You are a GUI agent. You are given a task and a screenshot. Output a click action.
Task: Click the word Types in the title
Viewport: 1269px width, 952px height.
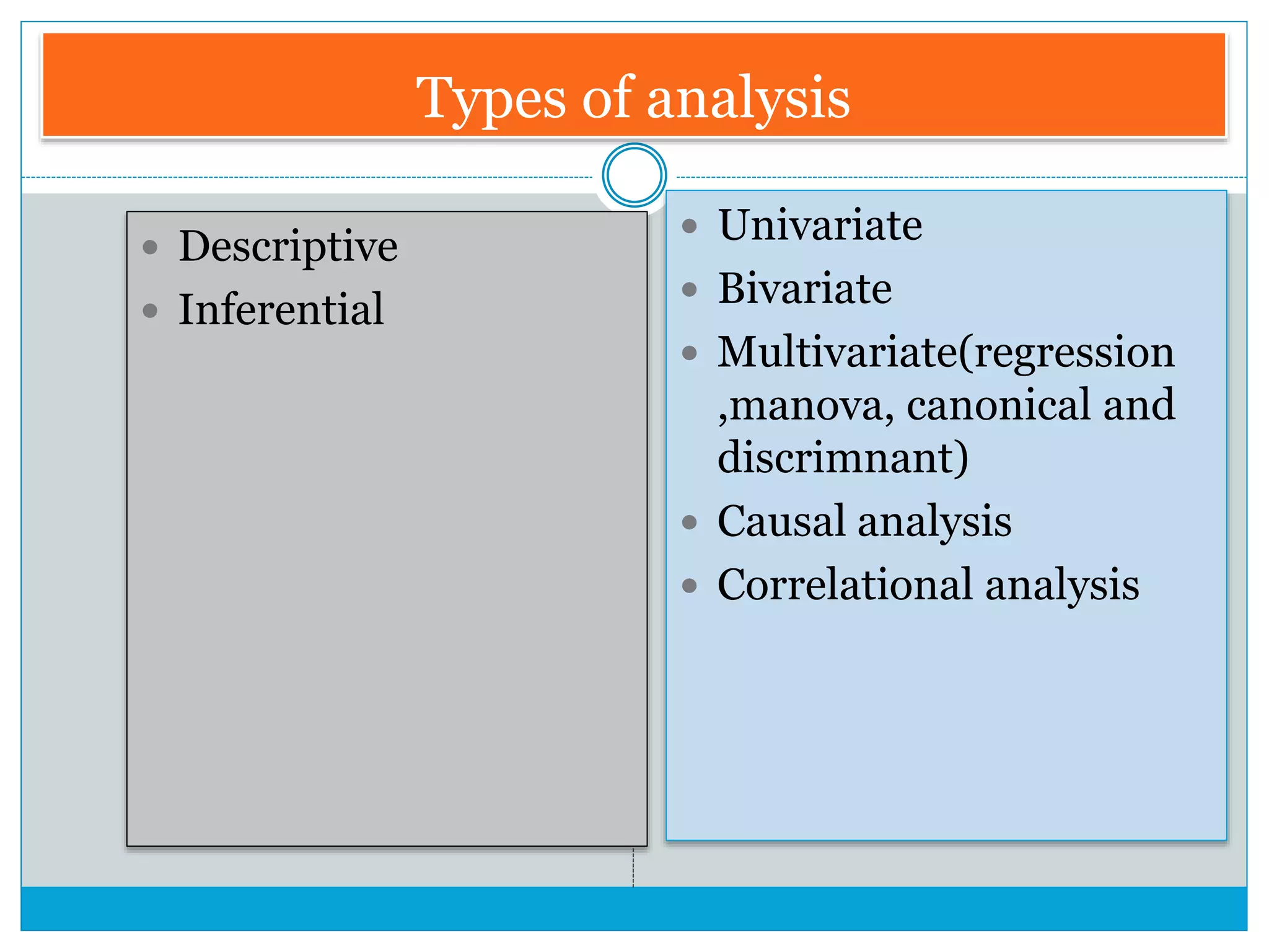[490, 99]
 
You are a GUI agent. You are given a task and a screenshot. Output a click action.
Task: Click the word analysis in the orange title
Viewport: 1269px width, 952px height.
[748, 99]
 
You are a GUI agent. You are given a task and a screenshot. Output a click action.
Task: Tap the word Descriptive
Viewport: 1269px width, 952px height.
[288, 247]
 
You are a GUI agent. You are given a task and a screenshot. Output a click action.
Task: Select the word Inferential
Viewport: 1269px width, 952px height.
[281, 309]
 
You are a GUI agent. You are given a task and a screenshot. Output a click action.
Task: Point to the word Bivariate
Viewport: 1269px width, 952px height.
[805, 289]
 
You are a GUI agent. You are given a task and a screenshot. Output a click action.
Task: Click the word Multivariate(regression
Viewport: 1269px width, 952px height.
[946, 352]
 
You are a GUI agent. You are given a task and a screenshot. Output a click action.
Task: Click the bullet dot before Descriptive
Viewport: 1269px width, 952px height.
[150, 248]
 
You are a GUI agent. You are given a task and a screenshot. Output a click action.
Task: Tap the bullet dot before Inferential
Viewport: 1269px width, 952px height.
[150, 311]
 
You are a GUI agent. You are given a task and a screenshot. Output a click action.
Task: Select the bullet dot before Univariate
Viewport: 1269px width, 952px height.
[690, 226]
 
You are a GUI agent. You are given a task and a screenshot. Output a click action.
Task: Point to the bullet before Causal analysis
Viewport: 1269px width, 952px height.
[690, 522]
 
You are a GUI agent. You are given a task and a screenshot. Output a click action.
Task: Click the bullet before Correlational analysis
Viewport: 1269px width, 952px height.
[690, 586]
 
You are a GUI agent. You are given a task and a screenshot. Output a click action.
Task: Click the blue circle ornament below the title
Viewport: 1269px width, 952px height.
[634, 175]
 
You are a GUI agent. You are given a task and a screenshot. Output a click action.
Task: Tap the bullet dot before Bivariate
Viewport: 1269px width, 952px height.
[690, 289]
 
